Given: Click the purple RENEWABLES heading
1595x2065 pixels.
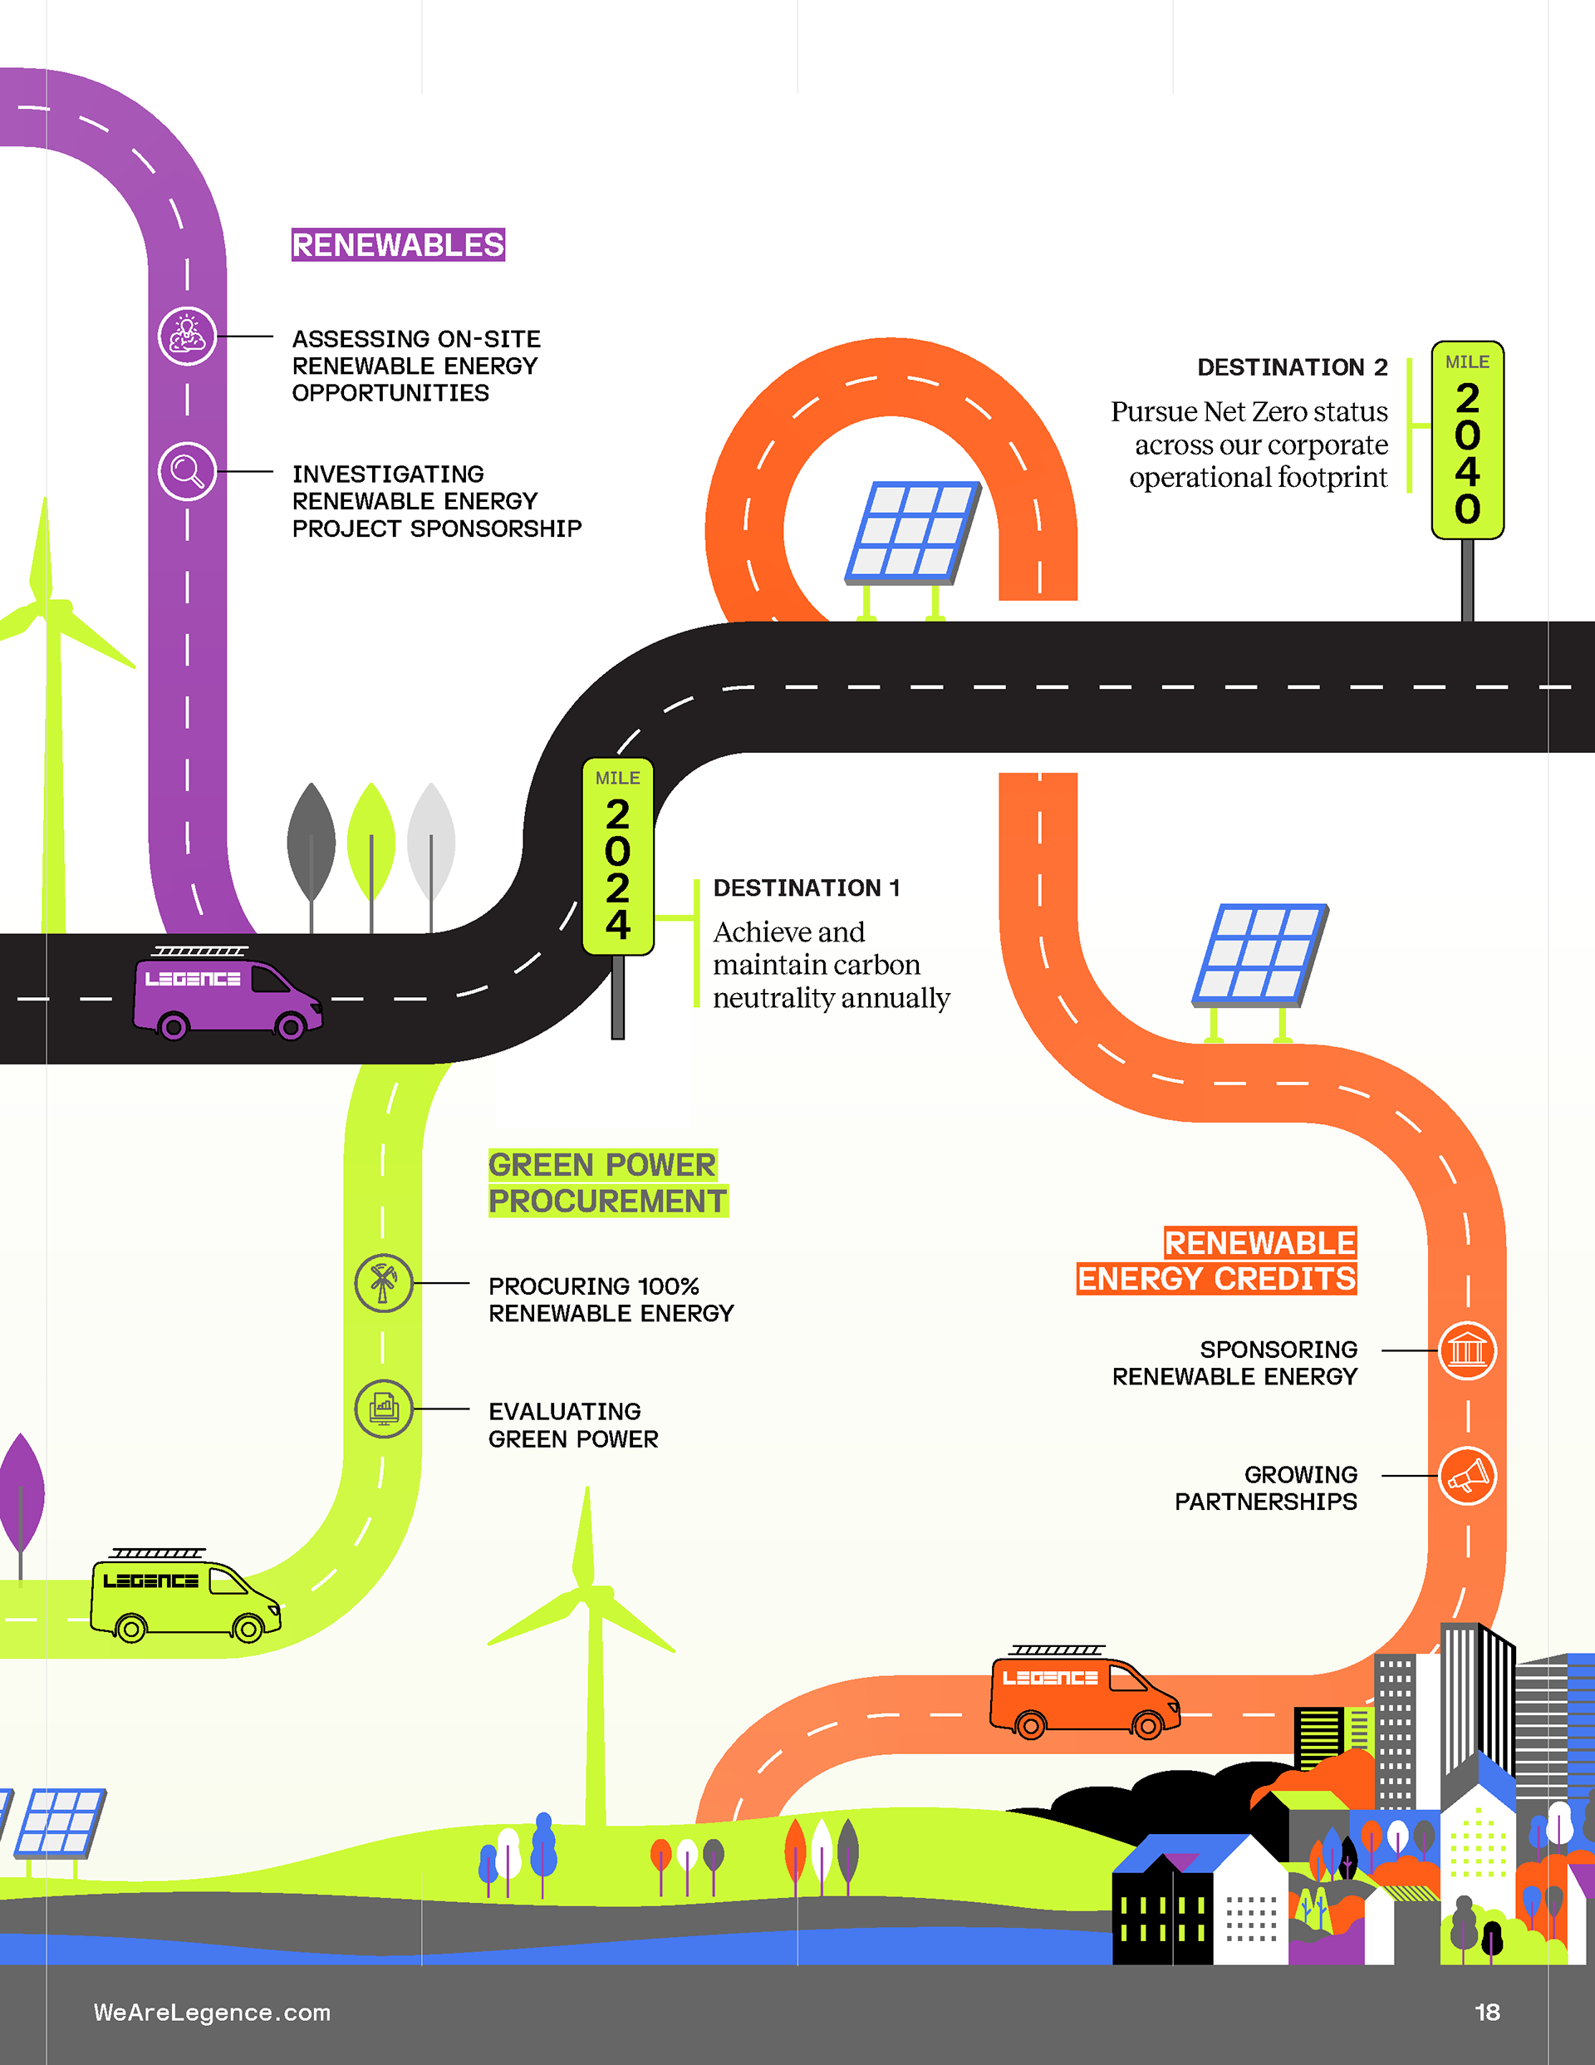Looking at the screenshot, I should pyautogui.click(x=398, y=245).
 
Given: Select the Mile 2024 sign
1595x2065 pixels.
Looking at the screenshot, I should pyautogui.click(x=617, y=857).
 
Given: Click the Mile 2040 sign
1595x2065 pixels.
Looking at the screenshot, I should pyautogui.click(x=1466, y=440).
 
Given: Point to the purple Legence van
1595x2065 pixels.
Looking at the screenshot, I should pyautogui.click(x=227, y=996).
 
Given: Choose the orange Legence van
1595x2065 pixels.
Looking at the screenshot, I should pyautogui.click(x=1084, y=1695).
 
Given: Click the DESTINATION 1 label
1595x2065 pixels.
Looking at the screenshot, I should pyautogui.click(x=807, y=887).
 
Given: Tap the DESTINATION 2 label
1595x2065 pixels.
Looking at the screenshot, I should pyautogui.click(x=1292, y=366).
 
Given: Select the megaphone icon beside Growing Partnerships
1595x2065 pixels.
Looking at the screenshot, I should pyautogui.click(x=1467, y=1476).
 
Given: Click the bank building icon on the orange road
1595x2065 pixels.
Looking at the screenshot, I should pyautogui.click(x=1467, y=1350).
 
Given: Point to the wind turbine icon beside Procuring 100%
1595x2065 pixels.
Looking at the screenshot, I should pyautogui.click(x=383, y=1283).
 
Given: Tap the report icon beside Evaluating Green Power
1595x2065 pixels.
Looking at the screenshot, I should pyautogui.click(x=383, y=1409).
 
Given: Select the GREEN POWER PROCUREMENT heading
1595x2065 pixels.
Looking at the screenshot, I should pyautogui.click(x=607, y=1182).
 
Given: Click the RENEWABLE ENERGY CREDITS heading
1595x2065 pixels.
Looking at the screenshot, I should pyautogui.click(x=1218, y=1261).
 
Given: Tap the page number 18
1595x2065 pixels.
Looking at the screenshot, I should pyautogui.click(x=1487, y=2012).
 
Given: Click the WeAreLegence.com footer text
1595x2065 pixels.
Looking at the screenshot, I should pyautogui.click(x=212, y=2012).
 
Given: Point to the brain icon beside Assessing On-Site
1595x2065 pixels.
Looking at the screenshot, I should pyautogui.click(x=187, y=336).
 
